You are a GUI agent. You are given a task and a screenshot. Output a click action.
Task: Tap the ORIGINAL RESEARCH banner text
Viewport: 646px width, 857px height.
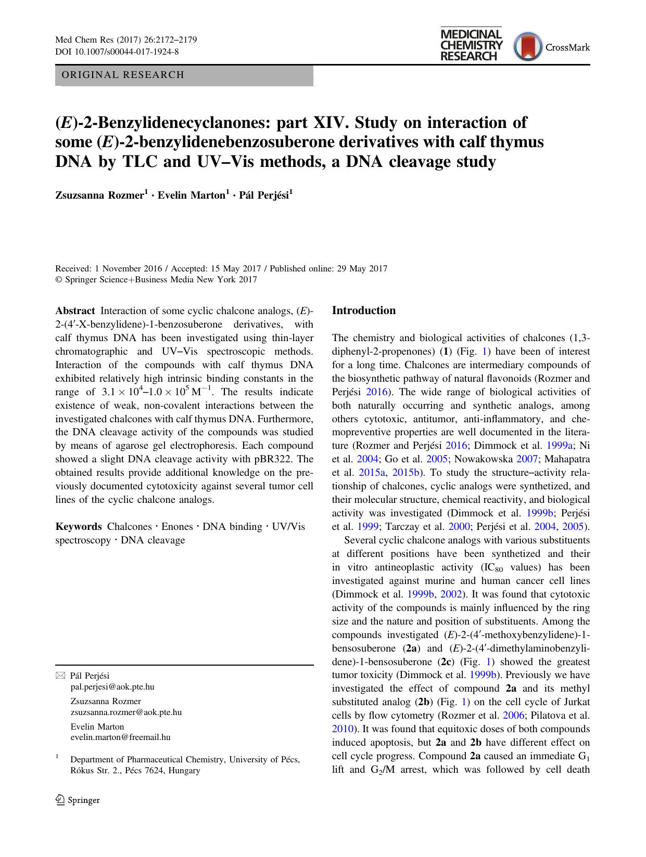point(123,75)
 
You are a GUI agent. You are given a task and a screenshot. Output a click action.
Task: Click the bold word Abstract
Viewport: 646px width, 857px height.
point(75,311)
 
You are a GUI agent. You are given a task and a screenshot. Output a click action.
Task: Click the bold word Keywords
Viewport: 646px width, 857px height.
point(79,527)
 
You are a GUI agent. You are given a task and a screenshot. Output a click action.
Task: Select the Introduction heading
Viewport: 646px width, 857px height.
point(363,310)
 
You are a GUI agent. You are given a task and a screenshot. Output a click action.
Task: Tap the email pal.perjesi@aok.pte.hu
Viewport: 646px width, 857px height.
point(112,686)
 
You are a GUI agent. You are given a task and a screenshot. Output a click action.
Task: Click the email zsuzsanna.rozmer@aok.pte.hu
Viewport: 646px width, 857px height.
point(126,712)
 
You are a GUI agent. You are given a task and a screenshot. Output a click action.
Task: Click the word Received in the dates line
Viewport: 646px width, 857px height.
point(72,269)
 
